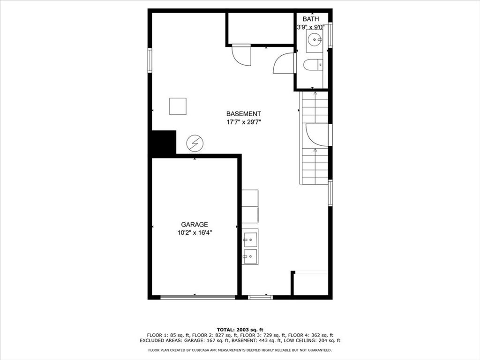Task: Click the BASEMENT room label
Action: coord(243,113)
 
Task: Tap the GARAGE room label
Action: coord(195,225)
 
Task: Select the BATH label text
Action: coord(310,19)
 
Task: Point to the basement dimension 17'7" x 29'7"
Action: coord(243,122)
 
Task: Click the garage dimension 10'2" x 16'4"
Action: coord(195,232)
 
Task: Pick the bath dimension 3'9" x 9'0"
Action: coord(310,27)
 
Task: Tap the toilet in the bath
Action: coord(313,65)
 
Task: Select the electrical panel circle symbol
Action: coord(195,143)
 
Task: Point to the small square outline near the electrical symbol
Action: coord(178,106)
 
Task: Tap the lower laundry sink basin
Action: coord(250,255)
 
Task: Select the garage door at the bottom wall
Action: coord(197,297)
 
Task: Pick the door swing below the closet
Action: coord(242,55)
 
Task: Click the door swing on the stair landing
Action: coord(317,135)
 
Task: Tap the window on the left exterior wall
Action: coord(150,60)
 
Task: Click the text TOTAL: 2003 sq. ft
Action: coord(240,330)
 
